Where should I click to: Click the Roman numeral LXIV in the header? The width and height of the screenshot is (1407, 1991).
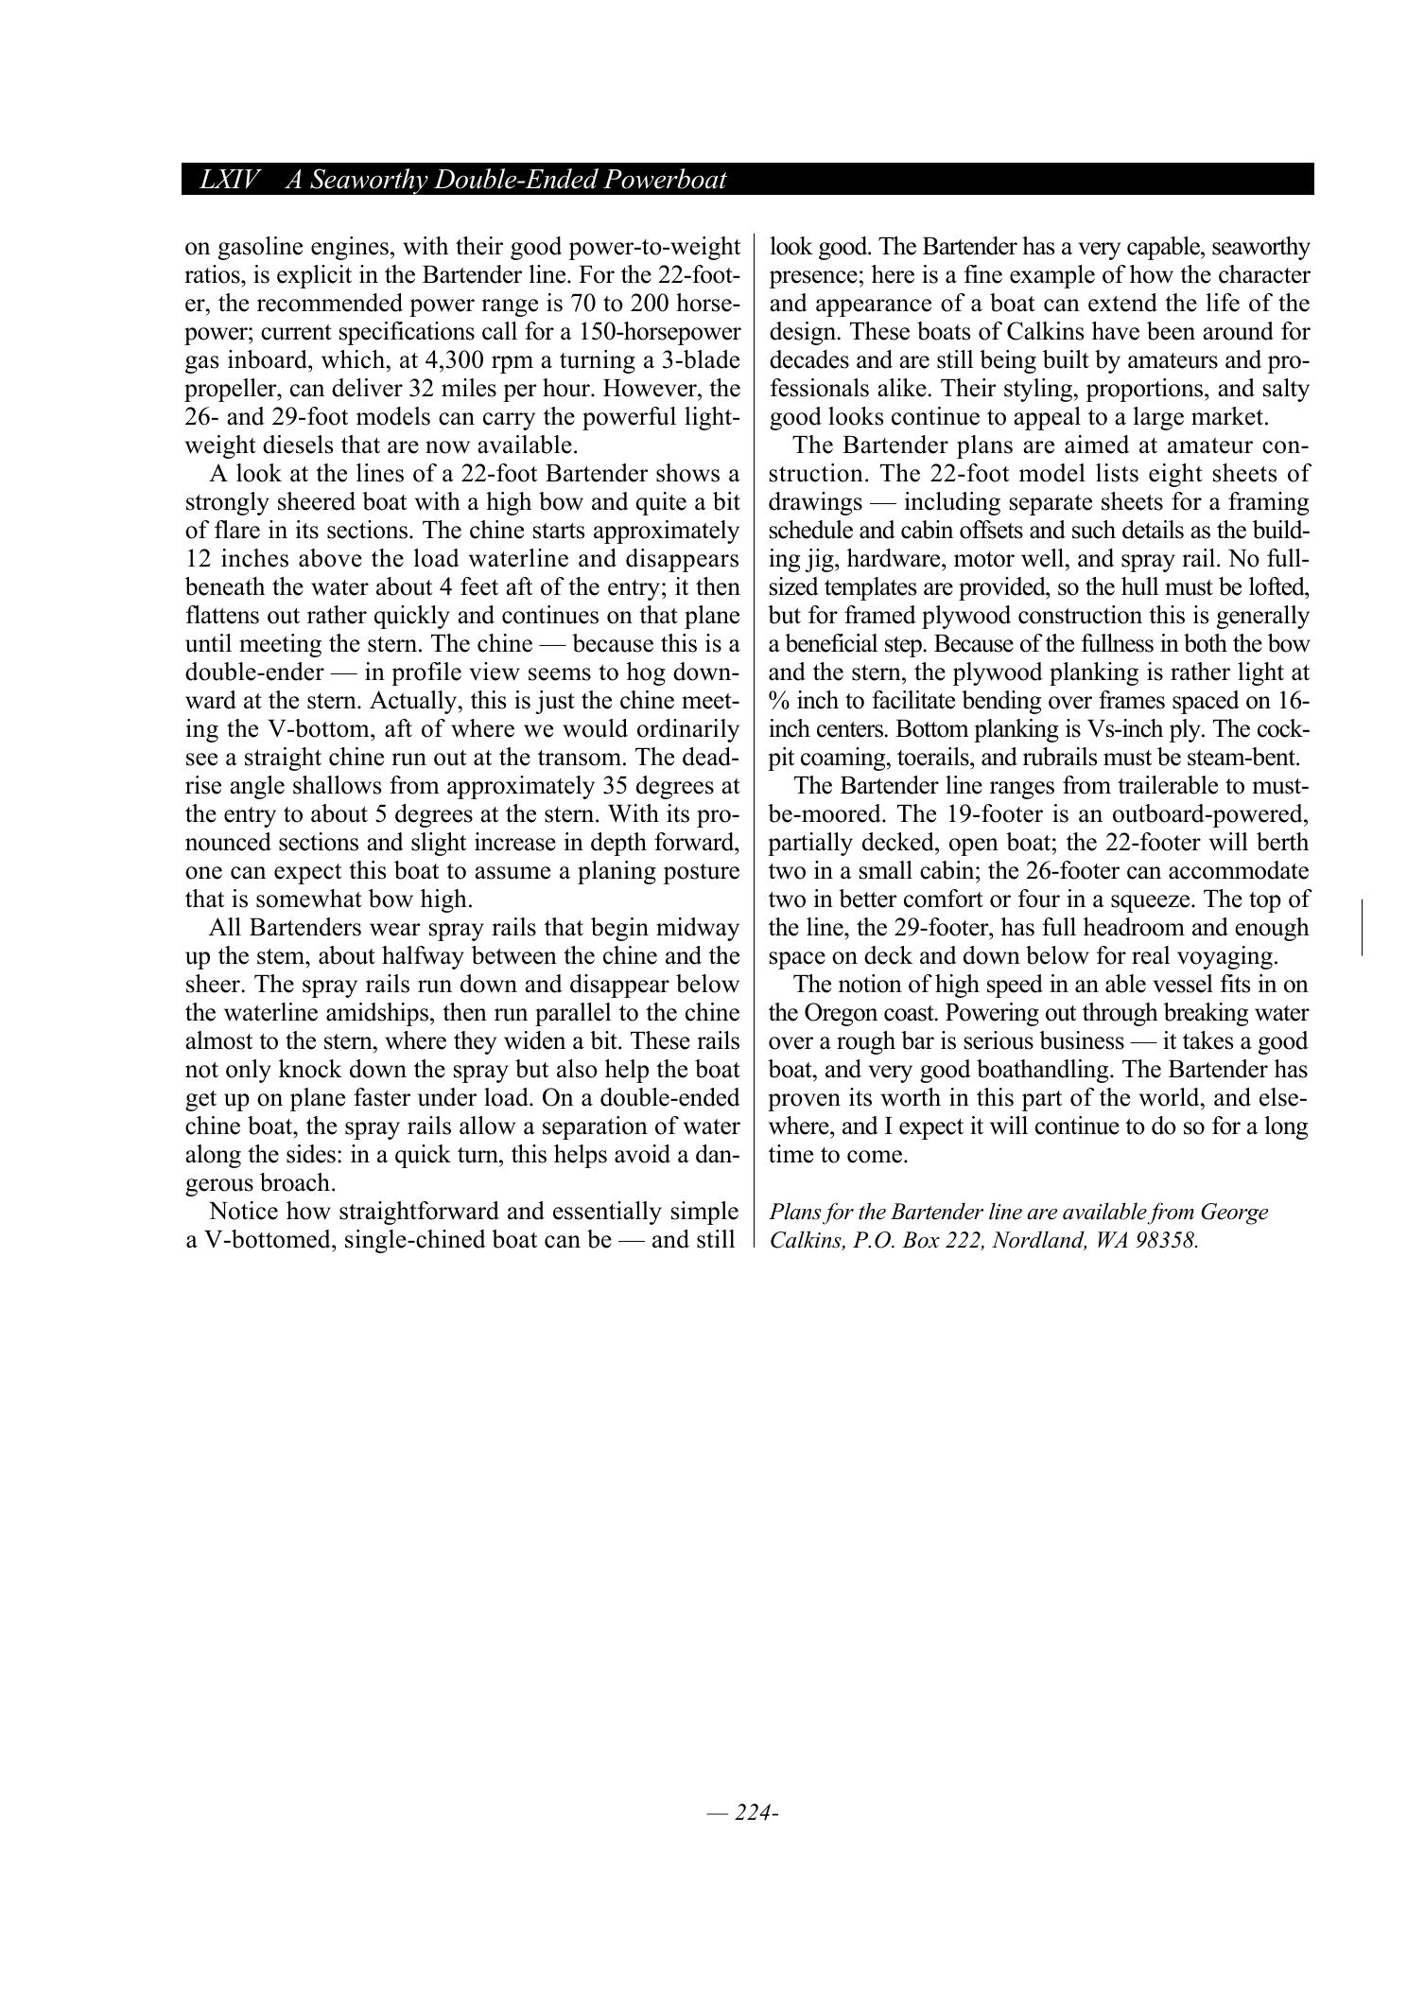[x=229, y=180]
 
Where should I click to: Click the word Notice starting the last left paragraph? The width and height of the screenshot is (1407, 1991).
[x=242, y=1212]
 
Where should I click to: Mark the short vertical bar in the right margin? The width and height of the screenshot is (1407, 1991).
[x=1362, y=928]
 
